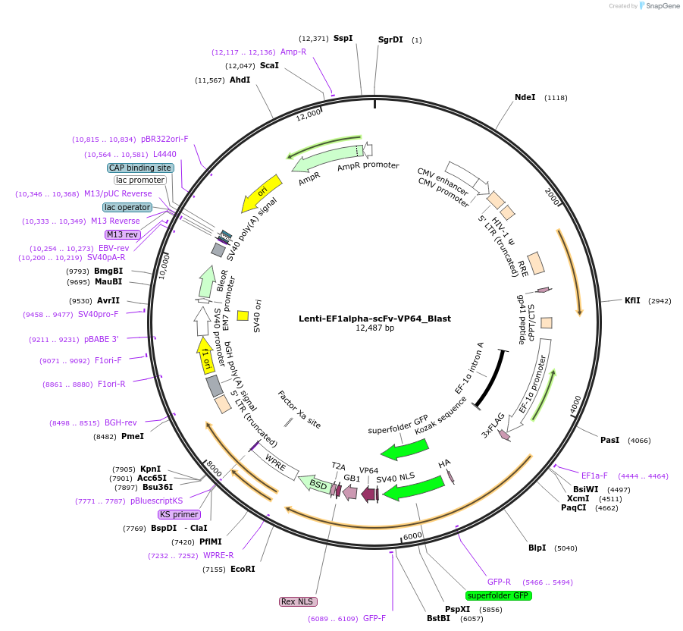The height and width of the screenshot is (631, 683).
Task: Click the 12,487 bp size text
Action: click(x=374, y=328)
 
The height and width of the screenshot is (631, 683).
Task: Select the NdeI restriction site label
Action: click(x=525, y=97)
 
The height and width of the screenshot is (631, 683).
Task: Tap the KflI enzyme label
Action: click(x=632, y=300)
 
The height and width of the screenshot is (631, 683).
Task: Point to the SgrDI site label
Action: click(x=390, y=39)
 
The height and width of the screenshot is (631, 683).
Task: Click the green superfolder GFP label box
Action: click(x=499, y=595)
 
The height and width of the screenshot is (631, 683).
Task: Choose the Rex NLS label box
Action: click(x=297, y=601)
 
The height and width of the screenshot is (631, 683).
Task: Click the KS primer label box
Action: click(x=179, y=514)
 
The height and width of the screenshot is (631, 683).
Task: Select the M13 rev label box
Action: click(x=122, y=234)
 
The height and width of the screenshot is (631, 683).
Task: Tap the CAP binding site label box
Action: click(x=140, y=168)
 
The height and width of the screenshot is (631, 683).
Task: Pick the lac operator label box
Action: click(x=127, y=207)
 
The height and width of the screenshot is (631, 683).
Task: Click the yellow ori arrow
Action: click(x=261, y=194)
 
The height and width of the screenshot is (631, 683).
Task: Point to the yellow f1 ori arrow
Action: click(x=205, y=355)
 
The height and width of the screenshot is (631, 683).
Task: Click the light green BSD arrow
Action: click(x=316, y=483)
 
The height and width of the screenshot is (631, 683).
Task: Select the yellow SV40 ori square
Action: click(x=243, y=315)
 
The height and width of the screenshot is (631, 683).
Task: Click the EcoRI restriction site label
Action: click(x=243, y=568)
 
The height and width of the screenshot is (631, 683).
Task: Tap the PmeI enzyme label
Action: click(x=132, y=436)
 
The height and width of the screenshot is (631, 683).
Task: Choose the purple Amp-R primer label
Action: click(x=293, y=52)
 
